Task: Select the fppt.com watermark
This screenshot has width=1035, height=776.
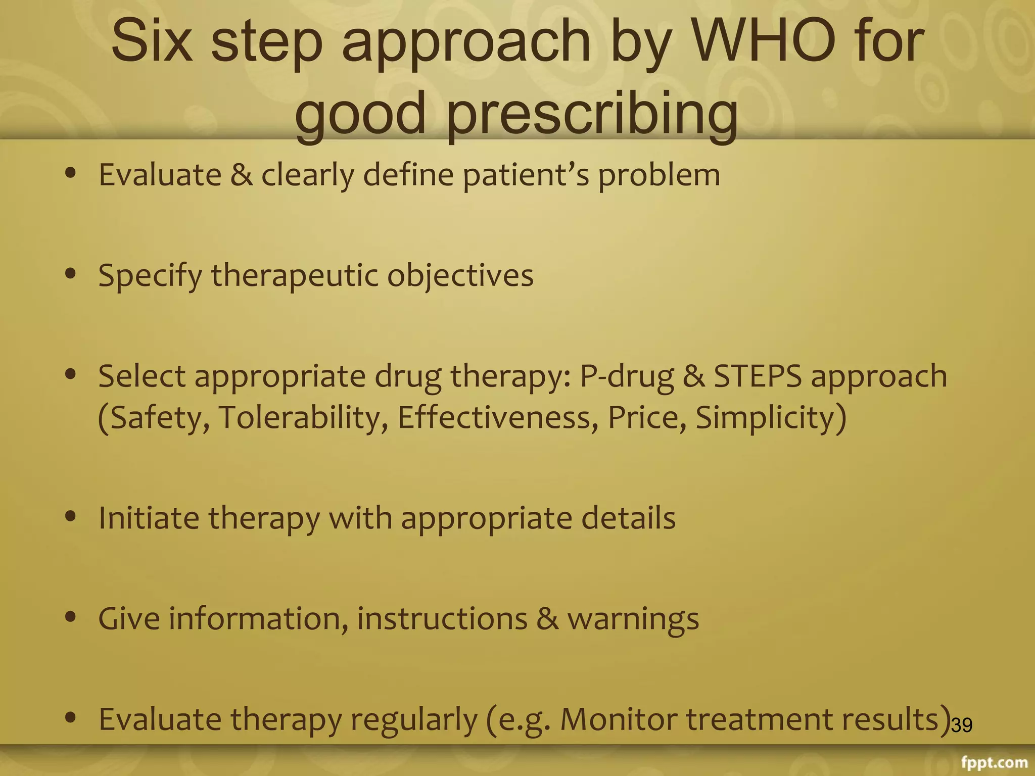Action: pyautogui.click(x=994, y=762)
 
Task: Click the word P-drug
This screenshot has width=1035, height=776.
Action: pyautogui.click(x=627, y=377)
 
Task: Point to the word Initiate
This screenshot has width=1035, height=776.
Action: pyautogui.click(x=149, y=518)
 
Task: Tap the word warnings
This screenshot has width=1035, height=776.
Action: pyautogui.click(x=633, y=620)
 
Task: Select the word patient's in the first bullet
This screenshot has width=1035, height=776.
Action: pyautogui.click(x=526, y=176)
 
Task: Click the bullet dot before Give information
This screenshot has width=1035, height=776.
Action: pyautogui.click(x=71, y=617)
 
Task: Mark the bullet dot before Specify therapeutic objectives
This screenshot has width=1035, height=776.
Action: pyautogui.click(x=71, y=274)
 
